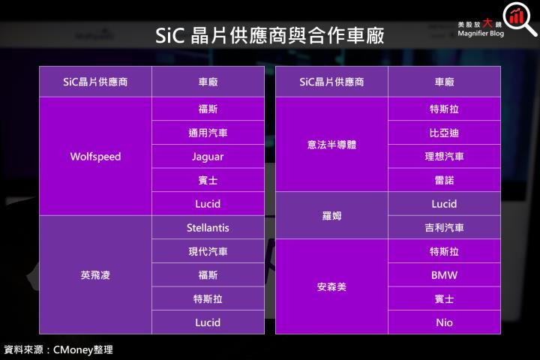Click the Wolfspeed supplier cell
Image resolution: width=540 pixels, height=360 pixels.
[x=95, y=157]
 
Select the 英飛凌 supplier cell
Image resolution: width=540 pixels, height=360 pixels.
[x=95, y=275]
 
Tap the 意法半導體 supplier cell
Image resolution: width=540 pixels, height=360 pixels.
[x=331, y=145]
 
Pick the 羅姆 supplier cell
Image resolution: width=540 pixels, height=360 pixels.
[x=331, y=216]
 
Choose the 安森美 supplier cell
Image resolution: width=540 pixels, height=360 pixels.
[x=331, y=287]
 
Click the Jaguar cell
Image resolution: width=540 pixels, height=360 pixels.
[x=208, y=157]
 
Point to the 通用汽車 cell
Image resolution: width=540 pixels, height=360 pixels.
[x=208, y=133]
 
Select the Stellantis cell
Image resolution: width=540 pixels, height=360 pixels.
[x=208, y=228]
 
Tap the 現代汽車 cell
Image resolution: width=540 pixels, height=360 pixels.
[x=208, y=251]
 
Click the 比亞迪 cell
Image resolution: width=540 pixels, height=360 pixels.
[x=444, y=133]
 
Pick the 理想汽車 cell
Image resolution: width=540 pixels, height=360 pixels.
[x=444, y=157]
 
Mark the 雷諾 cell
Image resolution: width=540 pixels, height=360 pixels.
[x=444, y=181]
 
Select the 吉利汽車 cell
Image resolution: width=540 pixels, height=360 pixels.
[x=444, y=228]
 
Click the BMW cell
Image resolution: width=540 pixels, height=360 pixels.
[x=444, y=275]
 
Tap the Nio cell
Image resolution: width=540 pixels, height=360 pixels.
[x=444, y=322]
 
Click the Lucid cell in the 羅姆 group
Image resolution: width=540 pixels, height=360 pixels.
[x=444, y=204]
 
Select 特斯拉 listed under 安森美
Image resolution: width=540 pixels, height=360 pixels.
[x=444, y=251]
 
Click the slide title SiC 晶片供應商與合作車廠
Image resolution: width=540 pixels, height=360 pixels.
[x=270, y=36]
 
